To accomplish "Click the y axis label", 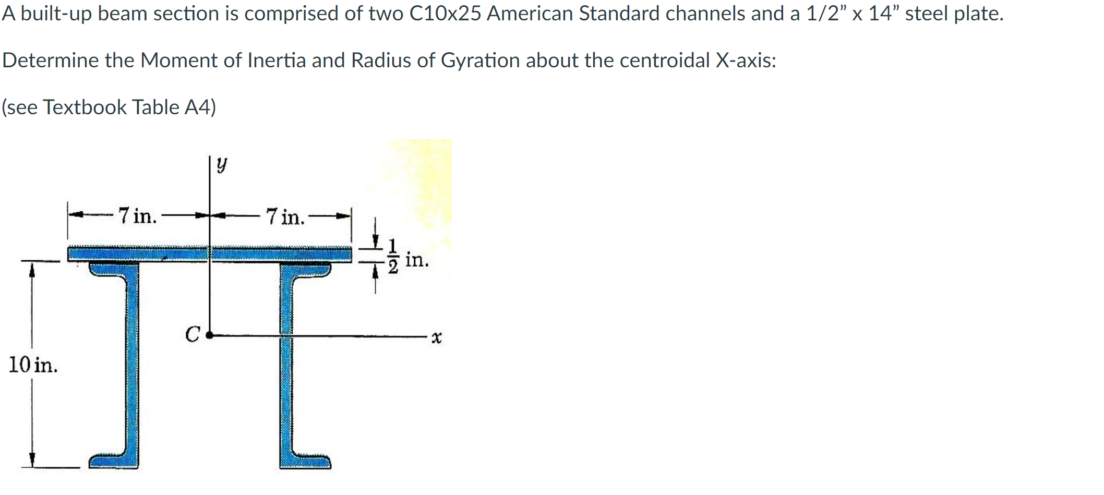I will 222,165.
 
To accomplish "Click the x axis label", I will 437,337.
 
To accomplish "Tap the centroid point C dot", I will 209,335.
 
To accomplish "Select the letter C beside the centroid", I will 193,334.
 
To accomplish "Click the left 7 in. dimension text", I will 137,215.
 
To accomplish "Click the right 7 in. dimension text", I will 285,216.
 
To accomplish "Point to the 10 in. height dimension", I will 33,365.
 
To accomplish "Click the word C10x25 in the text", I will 445,14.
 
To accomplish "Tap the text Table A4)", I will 174,107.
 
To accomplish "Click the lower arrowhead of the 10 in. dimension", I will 32,460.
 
